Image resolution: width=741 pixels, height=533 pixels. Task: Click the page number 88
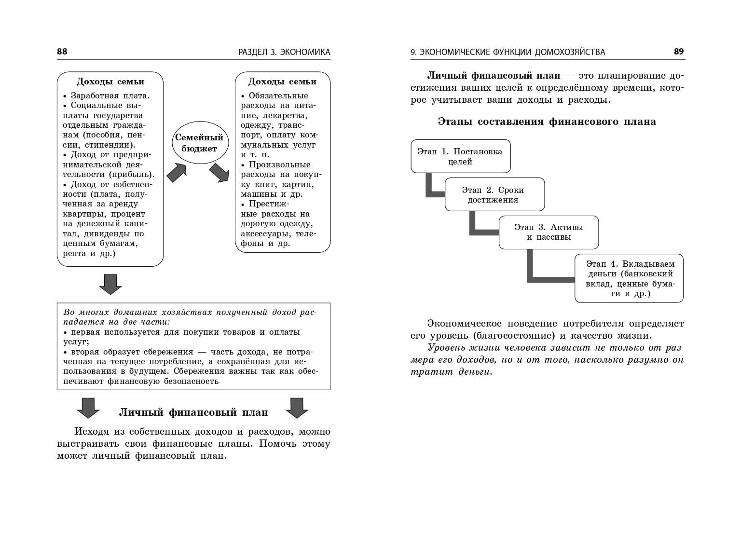point(62,52)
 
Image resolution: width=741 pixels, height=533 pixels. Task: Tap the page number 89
point(679,52)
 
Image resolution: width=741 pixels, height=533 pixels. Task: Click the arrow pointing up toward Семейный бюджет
point(177,172)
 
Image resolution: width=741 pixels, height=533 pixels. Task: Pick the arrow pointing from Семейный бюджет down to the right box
point(220,172)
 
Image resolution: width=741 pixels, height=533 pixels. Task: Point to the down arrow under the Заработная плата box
point(110,284)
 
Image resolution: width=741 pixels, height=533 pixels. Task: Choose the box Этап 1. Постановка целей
point(460,156)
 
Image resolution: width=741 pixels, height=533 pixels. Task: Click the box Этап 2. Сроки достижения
point(494,194)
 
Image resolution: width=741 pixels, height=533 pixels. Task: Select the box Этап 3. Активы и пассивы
point(549,232)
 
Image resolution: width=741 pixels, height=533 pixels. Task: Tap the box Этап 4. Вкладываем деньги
point(629,278)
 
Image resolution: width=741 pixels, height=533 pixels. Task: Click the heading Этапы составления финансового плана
point(547,122)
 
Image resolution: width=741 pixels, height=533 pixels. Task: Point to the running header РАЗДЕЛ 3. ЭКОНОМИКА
point(284,52)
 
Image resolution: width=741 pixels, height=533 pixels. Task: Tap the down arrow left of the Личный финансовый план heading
point(88,408)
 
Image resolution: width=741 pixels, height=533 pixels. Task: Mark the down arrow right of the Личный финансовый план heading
point(297,408)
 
